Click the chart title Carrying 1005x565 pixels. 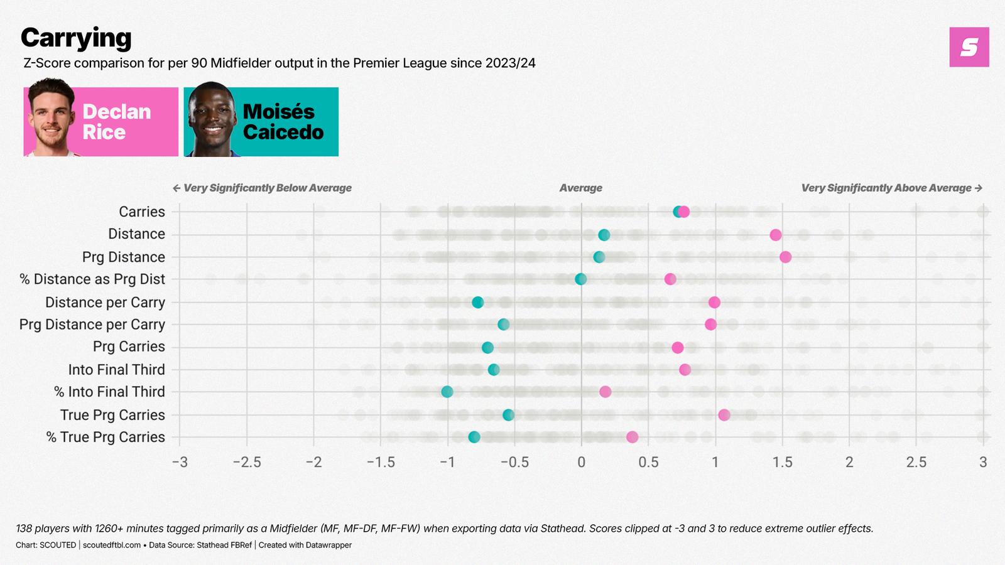click(x=76, y=38)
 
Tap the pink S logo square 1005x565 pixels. click(x=969, y=47)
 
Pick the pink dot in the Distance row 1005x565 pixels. click(x=776, y=235)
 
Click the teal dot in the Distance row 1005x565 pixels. click(x=604, y=235)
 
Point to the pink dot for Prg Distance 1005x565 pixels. click(x=785, y=257)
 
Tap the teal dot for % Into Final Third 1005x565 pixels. click(x=447, y=392)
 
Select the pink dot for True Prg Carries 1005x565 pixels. click(x=724, y=415)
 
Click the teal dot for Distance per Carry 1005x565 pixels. click(x=477, y=303)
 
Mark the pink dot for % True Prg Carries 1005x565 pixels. click(x=632, y=437)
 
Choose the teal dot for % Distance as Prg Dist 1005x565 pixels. click(x=581, y=279)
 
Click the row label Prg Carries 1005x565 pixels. click(x=129, y=347)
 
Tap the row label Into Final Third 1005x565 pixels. click(x=116, y=370)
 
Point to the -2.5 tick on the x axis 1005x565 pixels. click(x=247, y=463)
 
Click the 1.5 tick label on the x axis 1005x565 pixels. click(x=782, y=463)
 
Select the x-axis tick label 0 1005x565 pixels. click(x=581, y=463)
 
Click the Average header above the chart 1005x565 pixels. click(x=580, y=188)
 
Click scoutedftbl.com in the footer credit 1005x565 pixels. click(x=112, y=545)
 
